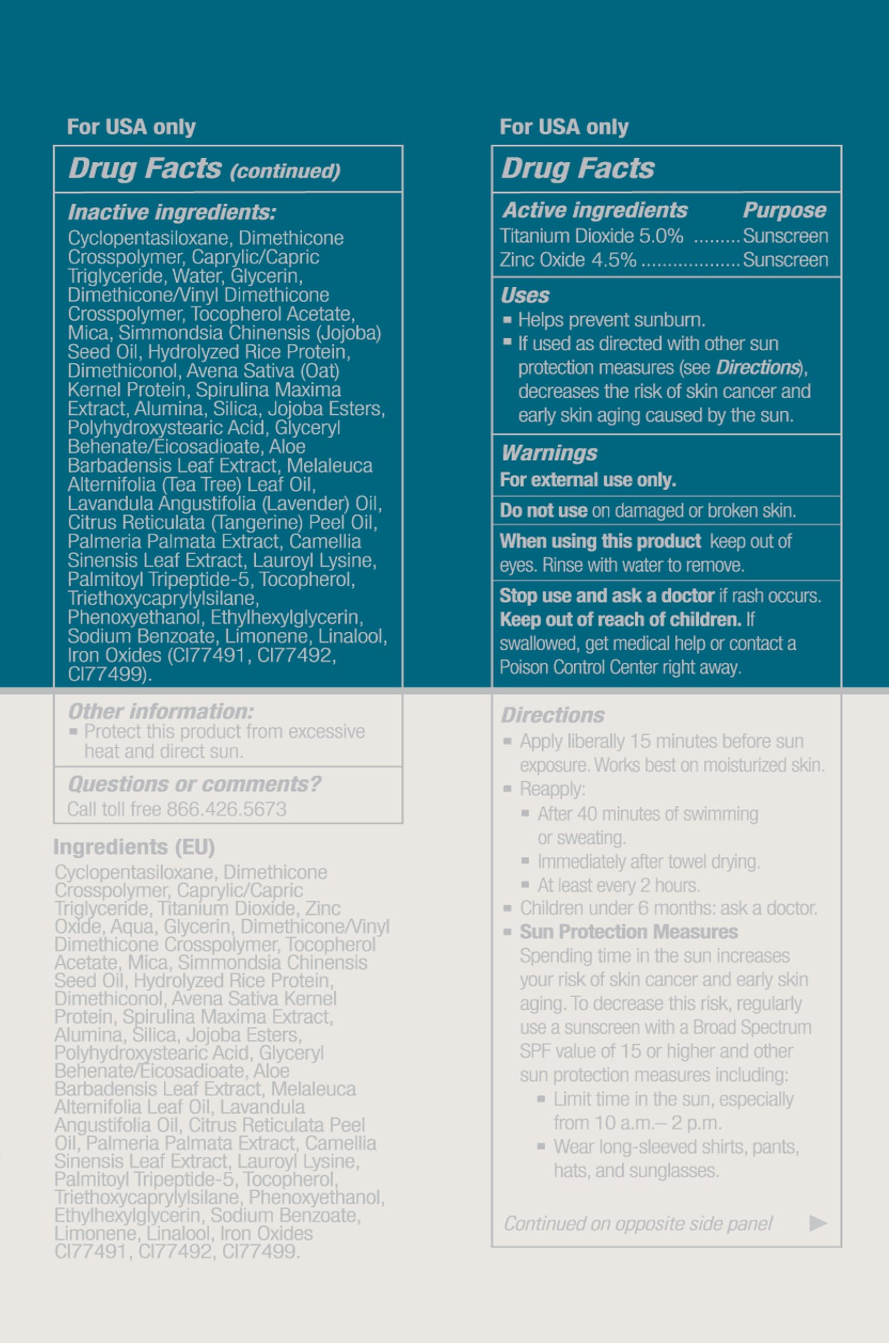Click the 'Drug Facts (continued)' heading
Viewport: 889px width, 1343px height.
pos(204,169)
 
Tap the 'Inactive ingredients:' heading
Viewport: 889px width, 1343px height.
pos(172,212)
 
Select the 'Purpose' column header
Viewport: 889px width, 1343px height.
pos(784,210)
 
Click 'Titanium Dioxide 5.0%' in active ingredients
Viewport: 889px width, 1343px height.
pos(591,236)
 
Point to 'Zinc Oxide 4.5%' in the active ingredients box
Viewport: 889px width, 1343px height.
pos(568,260)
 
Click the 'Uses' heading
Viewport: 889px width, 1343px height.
pos(525,295)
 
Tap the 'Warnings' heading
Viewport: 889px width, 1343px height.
pos(549,453)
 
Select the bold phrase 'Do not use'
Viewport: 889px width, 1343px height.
pos(543,510)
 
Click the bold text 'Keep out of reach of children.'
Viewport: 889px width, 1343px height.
pos(621,619)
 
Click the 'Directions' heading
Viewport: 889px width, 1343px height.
pos(553,715)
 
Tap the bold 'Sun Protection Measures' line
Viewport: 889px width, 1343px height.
pos(629,932)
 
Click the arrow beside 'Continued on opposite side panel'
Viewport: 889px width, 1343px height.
pos(818,1223)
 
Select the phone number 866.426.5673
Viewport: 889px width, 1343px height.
pos(226,809)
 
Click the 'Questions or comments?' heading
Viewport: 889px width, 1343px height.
pos(194,784)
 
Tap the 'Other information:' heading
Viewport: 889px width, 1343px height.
pos(161,711)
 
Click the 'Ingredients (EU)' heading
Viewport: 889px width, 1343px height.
pos(134,847)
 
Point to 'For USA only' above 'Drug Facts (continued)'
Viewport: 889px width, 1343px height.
pos(131,127)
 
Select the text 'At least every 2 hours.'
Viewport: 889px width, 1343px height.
pos(619,885)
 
